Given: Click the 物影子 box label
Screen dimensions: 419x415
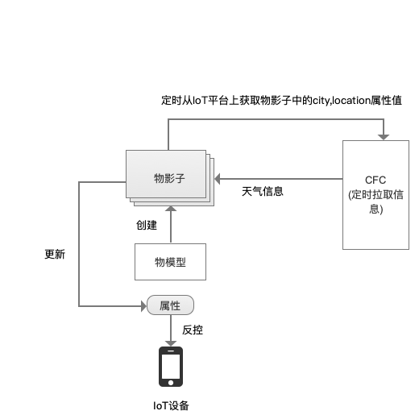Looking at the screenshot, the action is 169,178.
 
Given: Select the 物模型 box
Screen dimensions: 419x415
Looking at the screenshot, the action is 170,262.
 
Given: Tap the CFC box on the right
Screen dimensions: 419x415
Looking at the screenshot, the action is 375,195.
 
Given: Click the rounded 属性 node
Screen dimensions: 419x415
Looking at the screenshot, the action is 170,305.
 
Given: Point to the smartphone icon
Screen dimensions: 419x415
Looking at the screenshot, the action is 171,367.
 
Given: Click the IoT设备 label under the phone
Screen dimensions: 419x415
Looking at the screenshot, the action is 171,405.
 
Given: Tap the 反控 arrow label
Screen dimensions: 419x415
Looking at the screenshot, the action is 193,330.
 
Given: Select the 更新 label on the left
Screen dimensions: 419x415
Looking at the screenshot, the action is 55,254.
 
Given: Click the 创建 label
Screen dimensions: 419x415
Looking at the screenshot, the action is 147,225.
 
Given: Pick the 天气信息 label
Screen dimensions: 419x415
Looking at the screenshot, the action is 263,192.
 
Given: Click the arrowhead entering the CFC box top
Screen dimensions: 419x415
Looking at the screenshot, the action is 384,137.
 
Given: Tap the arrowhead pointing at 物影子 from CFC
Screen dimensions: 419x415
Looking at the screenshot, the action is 218,179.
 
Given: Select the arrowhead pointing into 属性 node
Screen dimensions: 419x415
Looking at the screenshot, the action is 143,306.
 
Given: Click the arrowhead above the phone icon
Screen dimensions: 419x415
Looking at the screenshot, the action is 171,343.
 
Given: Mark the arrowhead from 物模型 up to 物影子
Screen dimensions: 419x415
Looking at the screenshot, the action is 171,209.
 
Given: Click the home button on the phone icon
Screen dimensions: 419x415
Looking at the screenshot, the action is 171,383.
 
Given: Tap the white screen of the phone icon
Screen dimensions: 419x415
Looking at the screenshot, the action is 171,366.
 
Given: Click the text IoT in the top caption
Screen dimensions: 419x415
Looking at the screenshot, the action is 200,101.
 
